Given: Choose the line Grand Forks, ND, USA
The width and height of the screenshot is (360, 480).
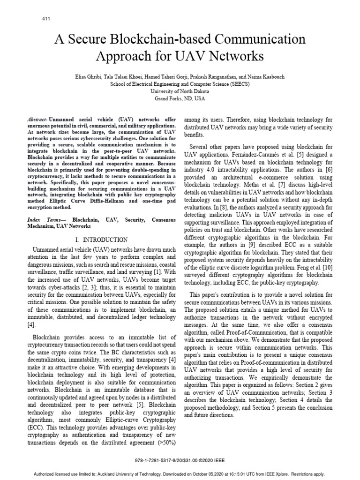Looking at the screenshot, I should [x=180, y=99].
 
